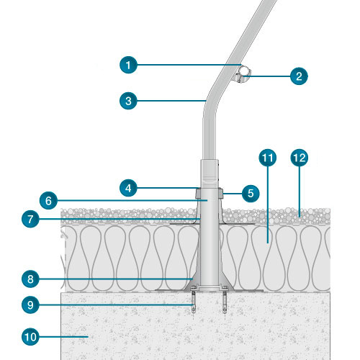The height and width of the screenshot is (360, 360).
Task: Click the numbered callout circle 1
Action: [128, 65]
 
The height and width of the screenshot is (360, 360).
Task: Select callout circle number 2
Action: [299, 76]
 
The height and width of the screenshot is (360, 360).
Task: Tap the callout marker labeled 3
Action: [128, 101]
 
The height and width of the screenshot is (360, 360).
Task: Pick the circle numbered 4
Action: [128, 188]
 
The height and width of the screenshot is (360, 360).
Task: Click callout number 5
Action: [251, 194]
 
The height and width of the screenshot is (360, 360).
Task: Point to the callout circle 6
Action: [48, 200]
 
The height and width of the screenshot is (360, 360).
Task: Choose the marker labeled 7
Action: [30, 219]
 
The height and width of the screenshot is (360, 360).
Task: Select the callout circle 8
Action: [30, 279]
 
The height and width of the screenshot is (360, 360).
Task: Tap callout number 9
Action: [30, 305]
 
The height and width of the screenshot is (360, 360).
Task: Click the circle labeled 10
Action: [30, 337]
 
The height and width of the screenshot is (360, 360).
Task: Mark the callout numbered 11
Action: [268, 158]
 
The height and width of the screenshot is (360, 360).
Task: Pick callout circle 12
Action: [300, 158]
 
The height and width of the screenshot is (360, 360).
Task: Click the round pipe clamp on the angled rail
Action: [243, 74]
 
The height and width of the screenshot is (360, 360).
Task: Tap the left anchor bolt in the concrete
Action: [194, 300]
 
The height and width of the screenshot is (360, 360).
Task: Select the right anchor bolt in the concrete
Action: [225, 300]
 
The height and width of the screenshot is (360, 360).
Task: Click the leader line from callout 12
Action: [300, 192]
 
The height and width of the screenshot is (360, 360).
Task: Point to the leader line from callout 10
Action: [63, 337]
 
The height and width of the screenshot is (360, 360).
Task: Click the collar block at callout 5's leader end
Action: [221, 194]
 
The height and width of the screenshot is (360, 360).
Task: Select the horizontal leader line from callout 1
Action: [189, 65]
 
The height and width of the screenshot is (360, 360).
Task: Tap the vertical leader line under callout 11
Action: [268, 204]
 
